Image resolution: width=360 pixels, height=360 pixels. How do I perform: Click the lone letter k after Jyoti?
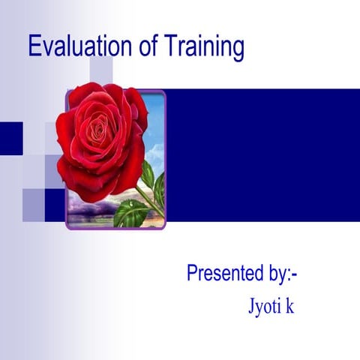click(289, 307)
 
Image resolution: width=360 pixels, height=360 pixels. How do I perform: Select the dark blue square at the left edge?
click(10, 138)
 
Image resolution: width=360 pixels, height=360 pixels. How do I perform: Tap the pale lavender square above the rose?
click(102, 71)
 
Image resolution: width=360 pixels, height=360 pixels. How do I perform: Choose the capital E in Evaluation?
click(34, 46)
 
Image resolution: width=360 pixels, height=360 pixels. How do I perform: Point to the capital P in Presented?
click(193, 274)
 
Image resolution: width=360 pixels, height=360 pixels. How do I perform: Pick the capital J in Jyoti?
click(250, 307)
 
